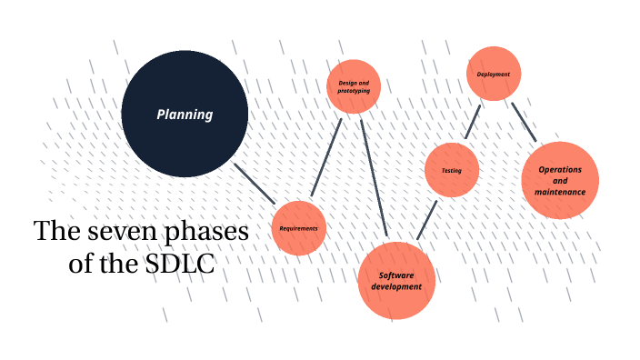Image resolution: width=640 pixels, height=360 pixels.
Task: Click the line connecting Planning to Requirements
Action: (255, 183)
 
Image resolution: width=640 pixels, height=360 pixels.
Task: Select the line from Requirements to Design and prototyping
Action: (325, 156)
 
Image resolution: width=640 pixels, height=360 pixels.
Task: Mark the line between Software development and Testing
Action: (427, 220)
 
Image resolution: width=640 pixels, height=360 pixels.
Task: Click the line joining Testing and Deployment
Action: (472, 122)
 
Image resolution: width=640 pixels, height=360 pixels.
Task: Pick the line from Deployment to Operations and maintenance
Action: (524, 122)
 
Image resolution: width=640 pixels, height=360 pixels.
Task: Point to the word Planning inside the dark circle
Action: (185, 115)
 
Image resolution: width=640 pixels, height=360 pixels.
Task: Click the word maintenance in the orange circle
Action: (560, 192)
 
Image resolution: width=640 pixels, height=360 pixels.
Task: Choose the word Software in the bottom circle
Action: (396, 275)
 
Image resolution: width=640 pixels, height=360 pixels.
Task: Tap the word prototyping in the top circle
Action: (353, 92)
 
